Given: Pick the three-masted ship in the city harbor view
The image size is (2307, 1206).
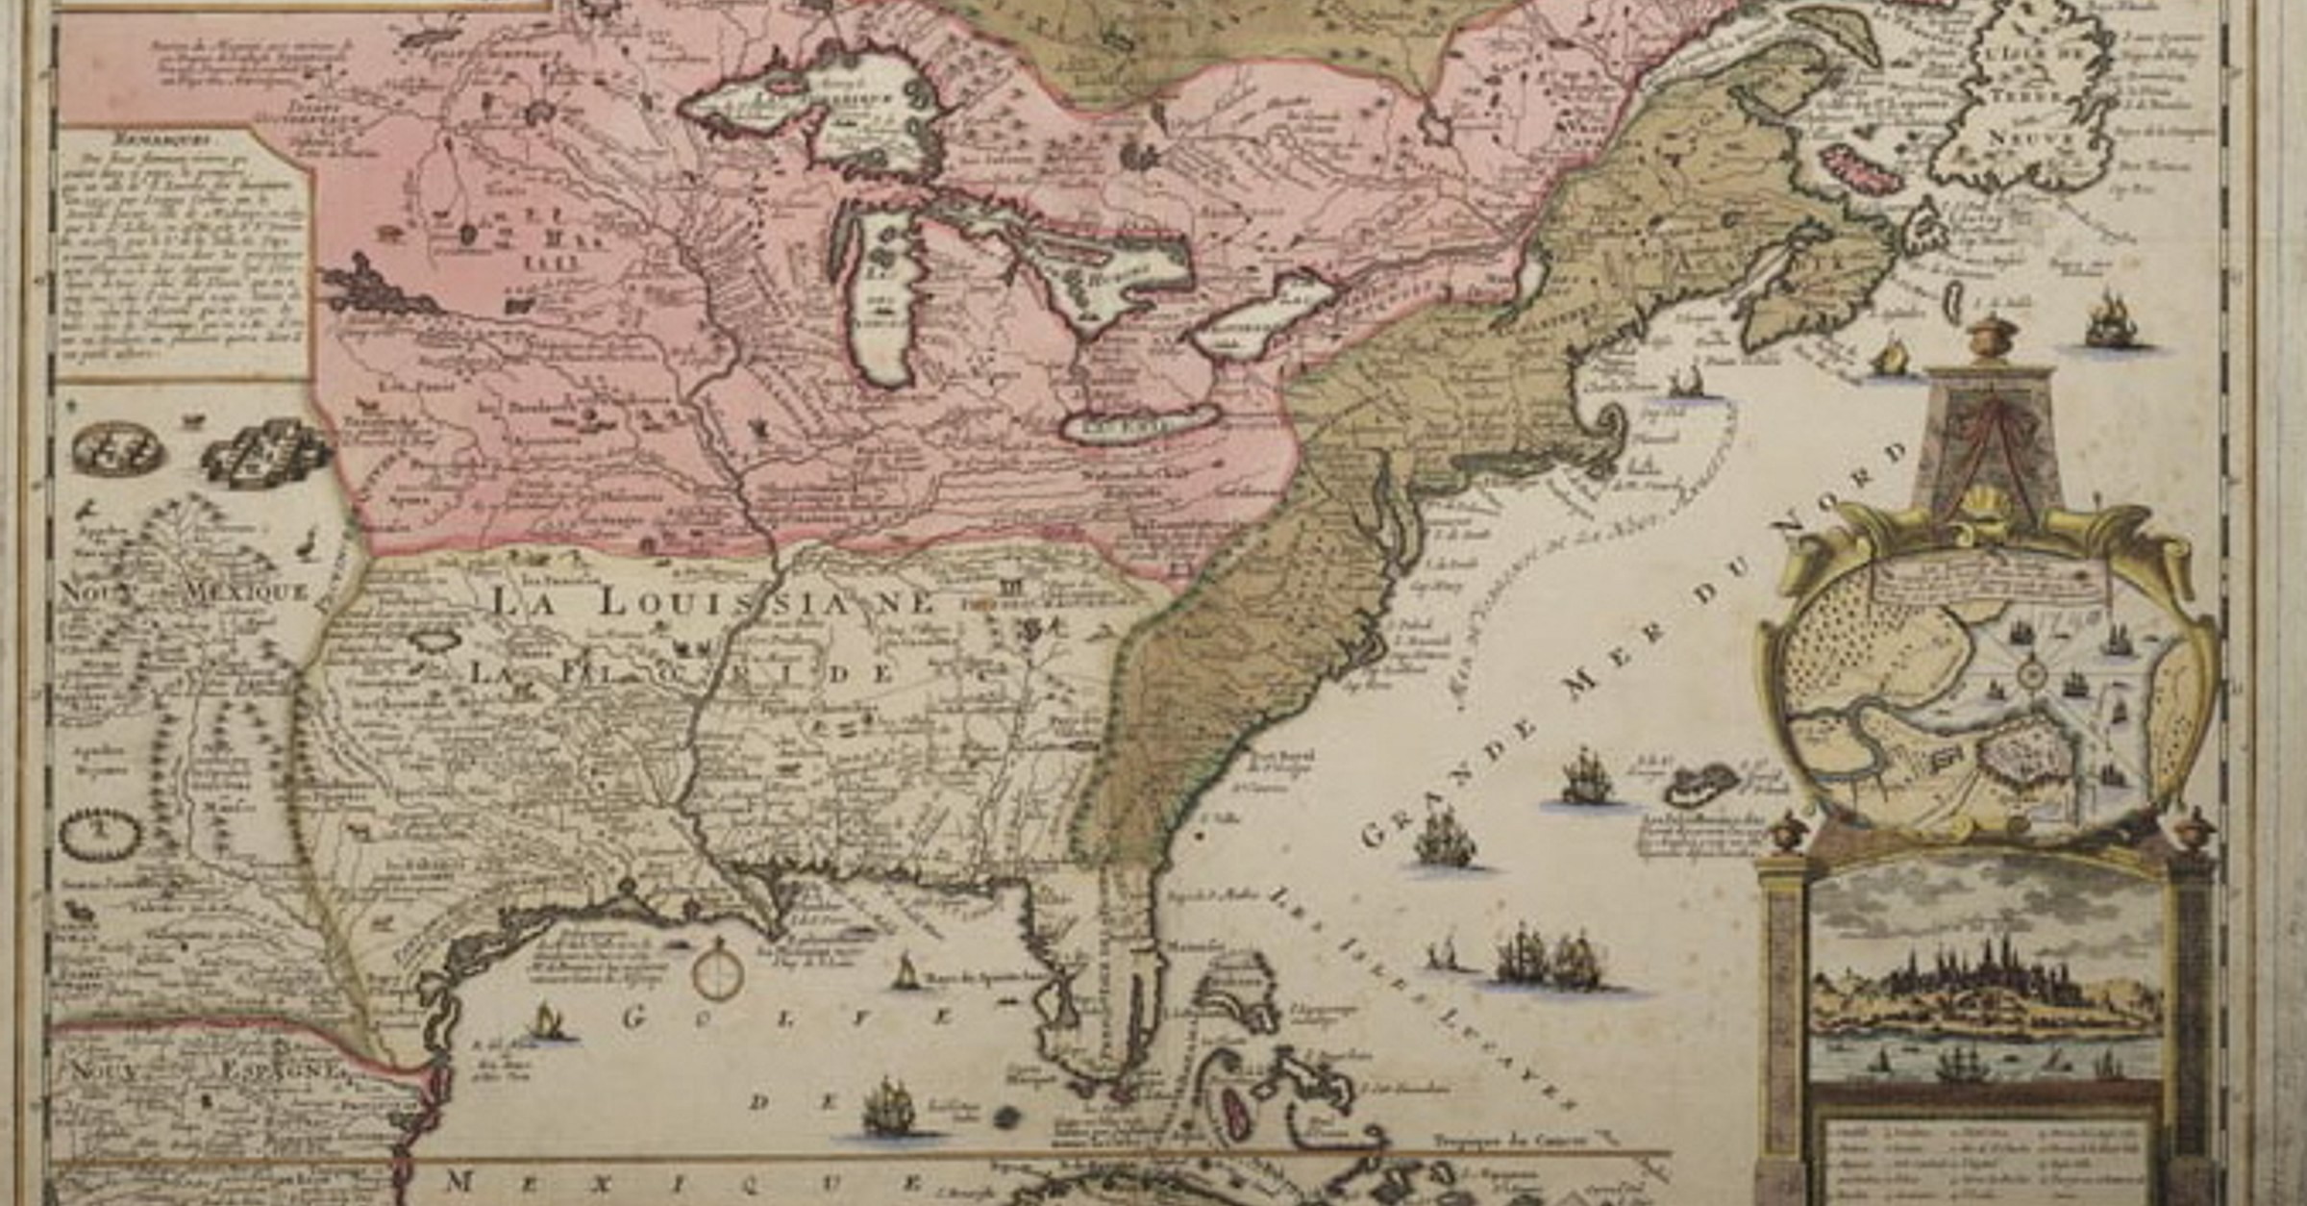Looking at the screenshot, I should click(x=1961, y=1063).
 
